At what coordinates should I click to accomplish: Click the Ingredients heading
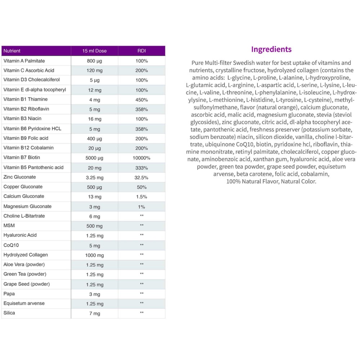[x=271, y=49]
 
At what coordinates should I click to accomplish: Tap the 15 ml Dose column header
[x=94, y=51]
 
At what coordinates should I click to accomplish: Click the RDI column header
[x=141, y=51]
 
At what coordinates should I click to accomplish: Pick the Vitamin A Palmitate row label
[x=24, y=61]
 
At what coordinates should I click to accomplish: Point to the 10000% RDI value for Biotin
[x=141, y=158]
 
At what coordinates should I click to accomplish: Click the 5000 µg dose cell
[x=94, y=158]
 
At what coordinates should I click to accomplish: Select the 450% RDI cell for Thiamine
[x=141, y=100]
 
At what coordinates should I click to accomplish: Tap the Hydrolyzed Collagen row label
[x=26, y=255]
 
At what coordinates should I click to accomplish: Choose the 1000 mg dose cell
[x=94, y=255]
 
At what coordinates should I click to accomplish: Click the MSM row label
[x=9, y=226]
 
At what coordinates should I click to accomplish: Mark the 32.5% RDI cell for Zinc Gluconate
[x=141, y=177]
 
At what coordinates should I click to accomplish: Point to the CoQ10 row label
[x=10, y=245]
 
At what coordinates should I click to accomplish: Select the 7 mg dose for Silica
[x=94, y=314]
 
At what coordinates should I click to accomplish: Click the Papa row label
[x=9, y=294]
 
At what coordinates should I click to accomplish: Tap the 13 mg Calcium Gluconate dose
[x=94, y=197]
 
